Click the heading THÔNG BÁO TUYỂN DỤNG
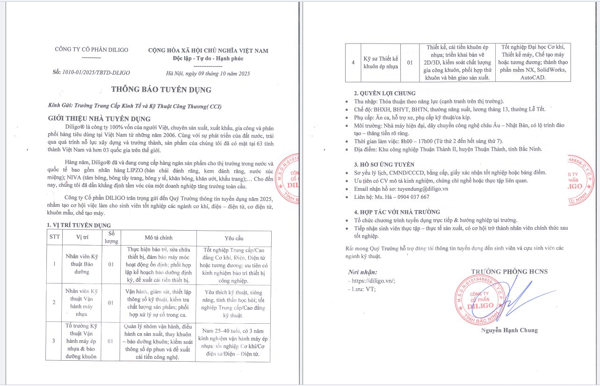(x=161, y=90)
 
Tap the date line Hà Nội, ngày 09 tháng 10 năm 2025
(x=208, y=73)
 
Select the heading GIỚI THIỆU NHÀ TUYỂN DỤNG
(x=99, y=118)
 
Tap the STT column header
(x=55, y=237)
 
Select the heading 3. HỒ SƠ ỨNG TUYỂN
(x=384, y=164)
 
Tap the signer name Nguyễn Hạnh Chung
(x=510, y=330)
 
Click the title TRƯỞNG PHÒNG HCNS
(x=509, y=271)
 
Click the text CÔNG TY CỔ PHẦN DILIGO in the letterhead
(x=91, y=50)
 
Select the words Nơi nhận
(x=362, y=272)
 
